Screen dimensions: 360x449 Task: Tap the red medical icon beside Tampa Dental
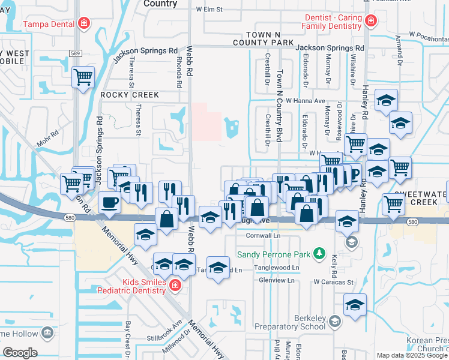click(x=85, y=24)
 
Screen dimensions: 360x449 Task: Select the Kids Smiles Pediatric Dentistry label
click(x=143, y=286)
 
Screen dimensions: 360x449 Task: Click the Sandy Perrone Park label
click(x=274, y=254)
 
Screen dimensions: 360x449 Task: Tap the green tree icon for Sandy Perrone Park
click(x=320, y=254)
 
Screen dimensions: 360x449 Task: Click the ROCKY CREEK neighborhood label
click(x=130, y=95)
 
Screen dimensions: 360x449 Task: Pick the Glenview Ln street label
click(x=275, y=280)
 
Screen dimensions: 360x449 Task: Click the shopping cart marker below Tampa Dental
click(x=83, y=77)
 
